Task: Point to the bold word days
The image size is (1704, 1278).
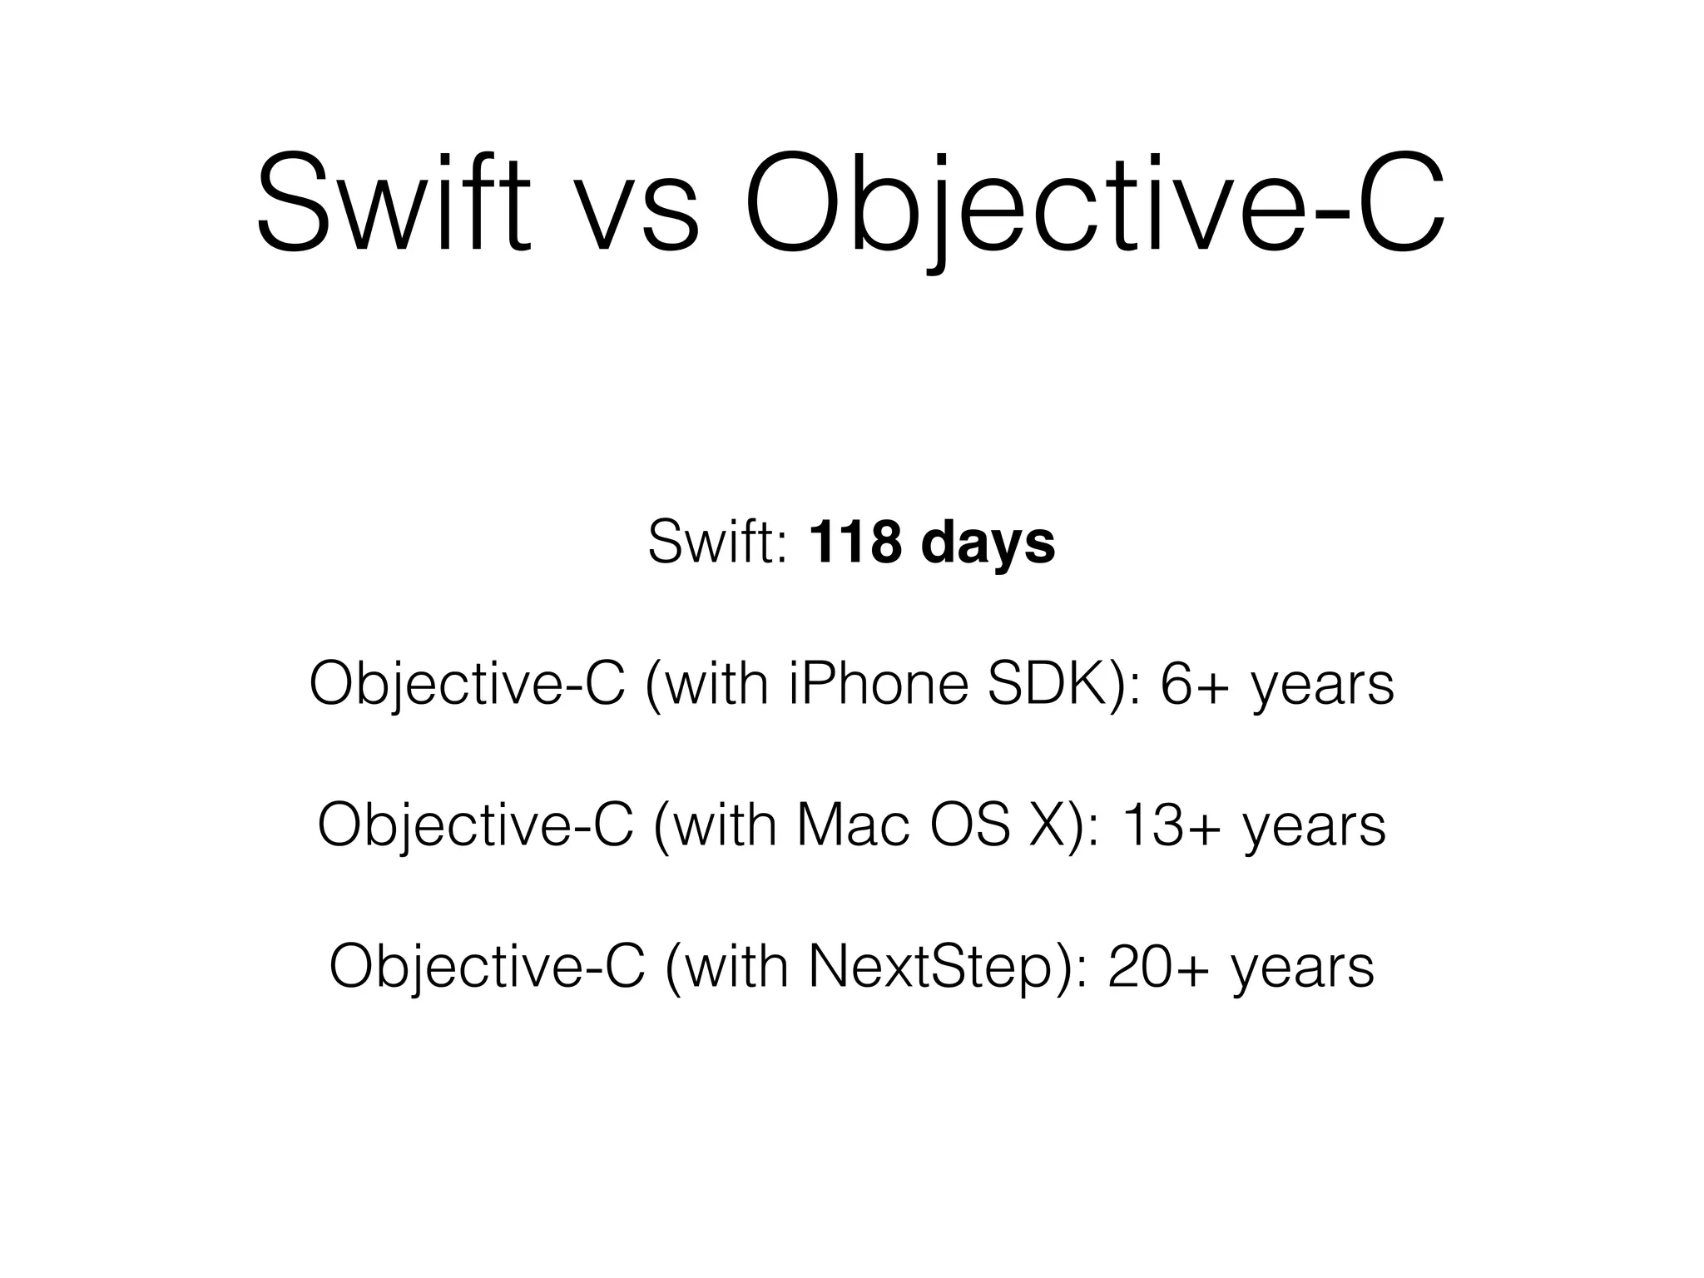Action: click(988, 542)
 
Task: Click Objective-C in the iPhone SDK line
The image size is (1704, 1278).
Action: click(467, 686)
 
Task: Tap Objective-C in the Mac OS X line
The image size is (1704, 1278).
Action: click(475, 827)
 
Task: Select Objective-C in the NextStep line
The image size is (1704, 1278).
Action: click(487, 968)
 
